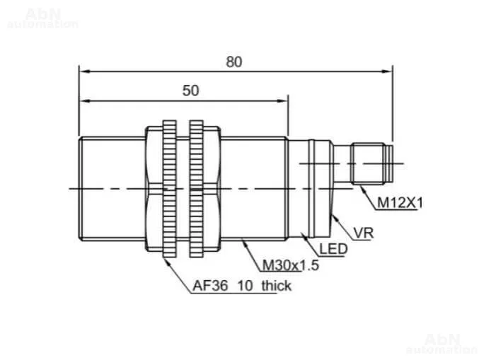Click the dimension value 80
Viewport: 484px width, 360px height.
[x=234, y=62]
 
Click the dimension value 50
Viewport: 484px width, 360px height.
[x=190, y=91]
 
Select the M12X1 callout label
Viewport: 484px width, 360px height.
[x=400, y=203]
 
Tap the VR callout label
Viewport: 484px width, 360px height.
[x=364, y=233]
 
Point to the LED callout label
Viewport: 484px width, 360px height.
[x=333, y=249]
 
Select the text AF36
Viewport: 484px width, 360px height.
[x=210, y=286]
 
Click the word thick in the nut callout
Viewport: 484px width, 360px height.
[x=276, y=286]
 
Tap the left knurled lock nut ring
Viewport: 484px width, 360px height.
[x=169, y=189]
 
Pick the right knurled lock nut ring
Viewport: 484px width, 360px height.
[x=196, y=189]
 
